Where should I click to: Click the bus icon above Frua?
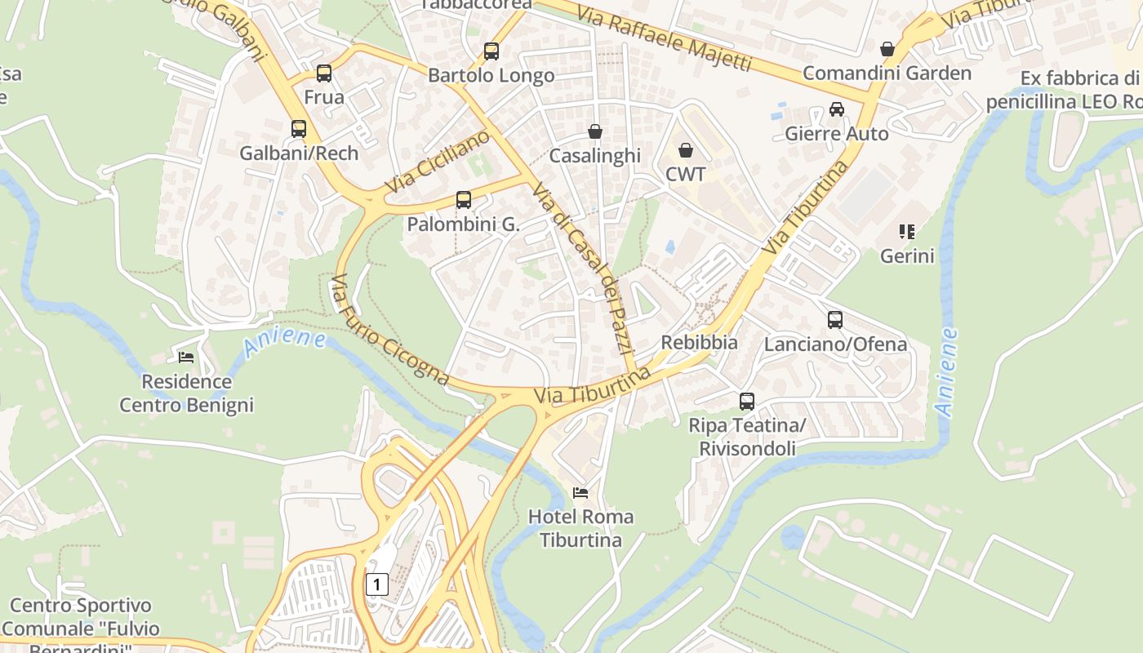click(324, 73)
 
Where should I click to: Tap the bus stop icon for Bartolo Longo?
click(491, 51)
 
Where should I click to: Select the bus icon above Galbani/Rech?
click(299, 129)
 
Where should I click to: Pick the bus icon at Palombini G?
click(463, 200)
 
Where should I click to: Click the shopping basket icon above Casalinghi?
click(595, 131)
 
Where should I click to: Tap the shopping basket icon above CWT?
click(686, 150)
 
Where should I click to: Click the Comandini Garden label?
click(887, 73)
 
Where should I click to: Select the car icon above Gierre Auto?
click(836, 109)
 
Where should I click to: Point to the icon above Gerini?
click(906, 232)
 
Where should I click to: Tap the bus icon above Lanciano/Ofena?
click(834, 320)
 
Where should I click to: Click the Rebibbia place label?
click(699, 343)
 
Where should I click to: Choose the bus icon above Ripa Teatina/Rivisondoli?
click(747, 402)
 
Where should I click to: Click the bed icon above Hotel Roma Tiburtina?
click(580, 493)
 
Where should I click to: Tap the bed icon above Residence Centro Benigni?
click(186, 358)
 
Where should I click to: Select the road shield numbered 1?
click(376, 584)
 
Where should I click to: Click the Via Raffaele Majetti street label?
click(663, 38)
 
